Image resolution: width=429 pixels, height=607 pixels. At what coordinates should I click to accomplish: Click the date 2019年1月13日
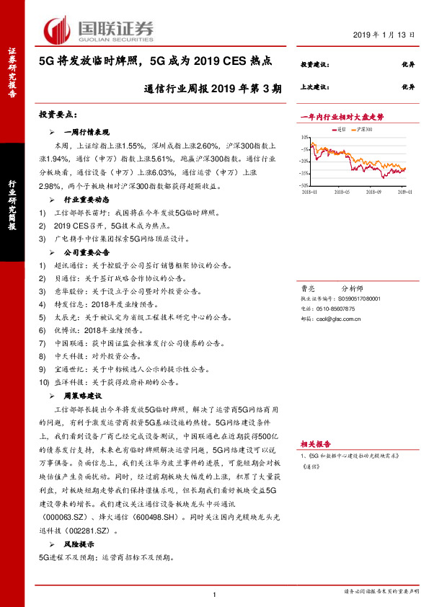pyautogui.click(x=386, y=35)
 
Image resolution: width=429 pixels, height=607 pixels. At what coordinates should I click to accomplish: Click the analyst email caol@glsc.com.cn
pyautogui.click(x=337, y=314)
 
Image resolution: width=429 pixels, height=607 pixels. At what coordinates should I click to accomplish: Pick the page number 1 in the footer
pyautogui.click(x=215, y=593)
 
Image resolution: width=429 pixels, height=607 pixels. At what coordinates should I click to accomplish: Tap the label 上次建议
pyautogui.click(x=314, y=87)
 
